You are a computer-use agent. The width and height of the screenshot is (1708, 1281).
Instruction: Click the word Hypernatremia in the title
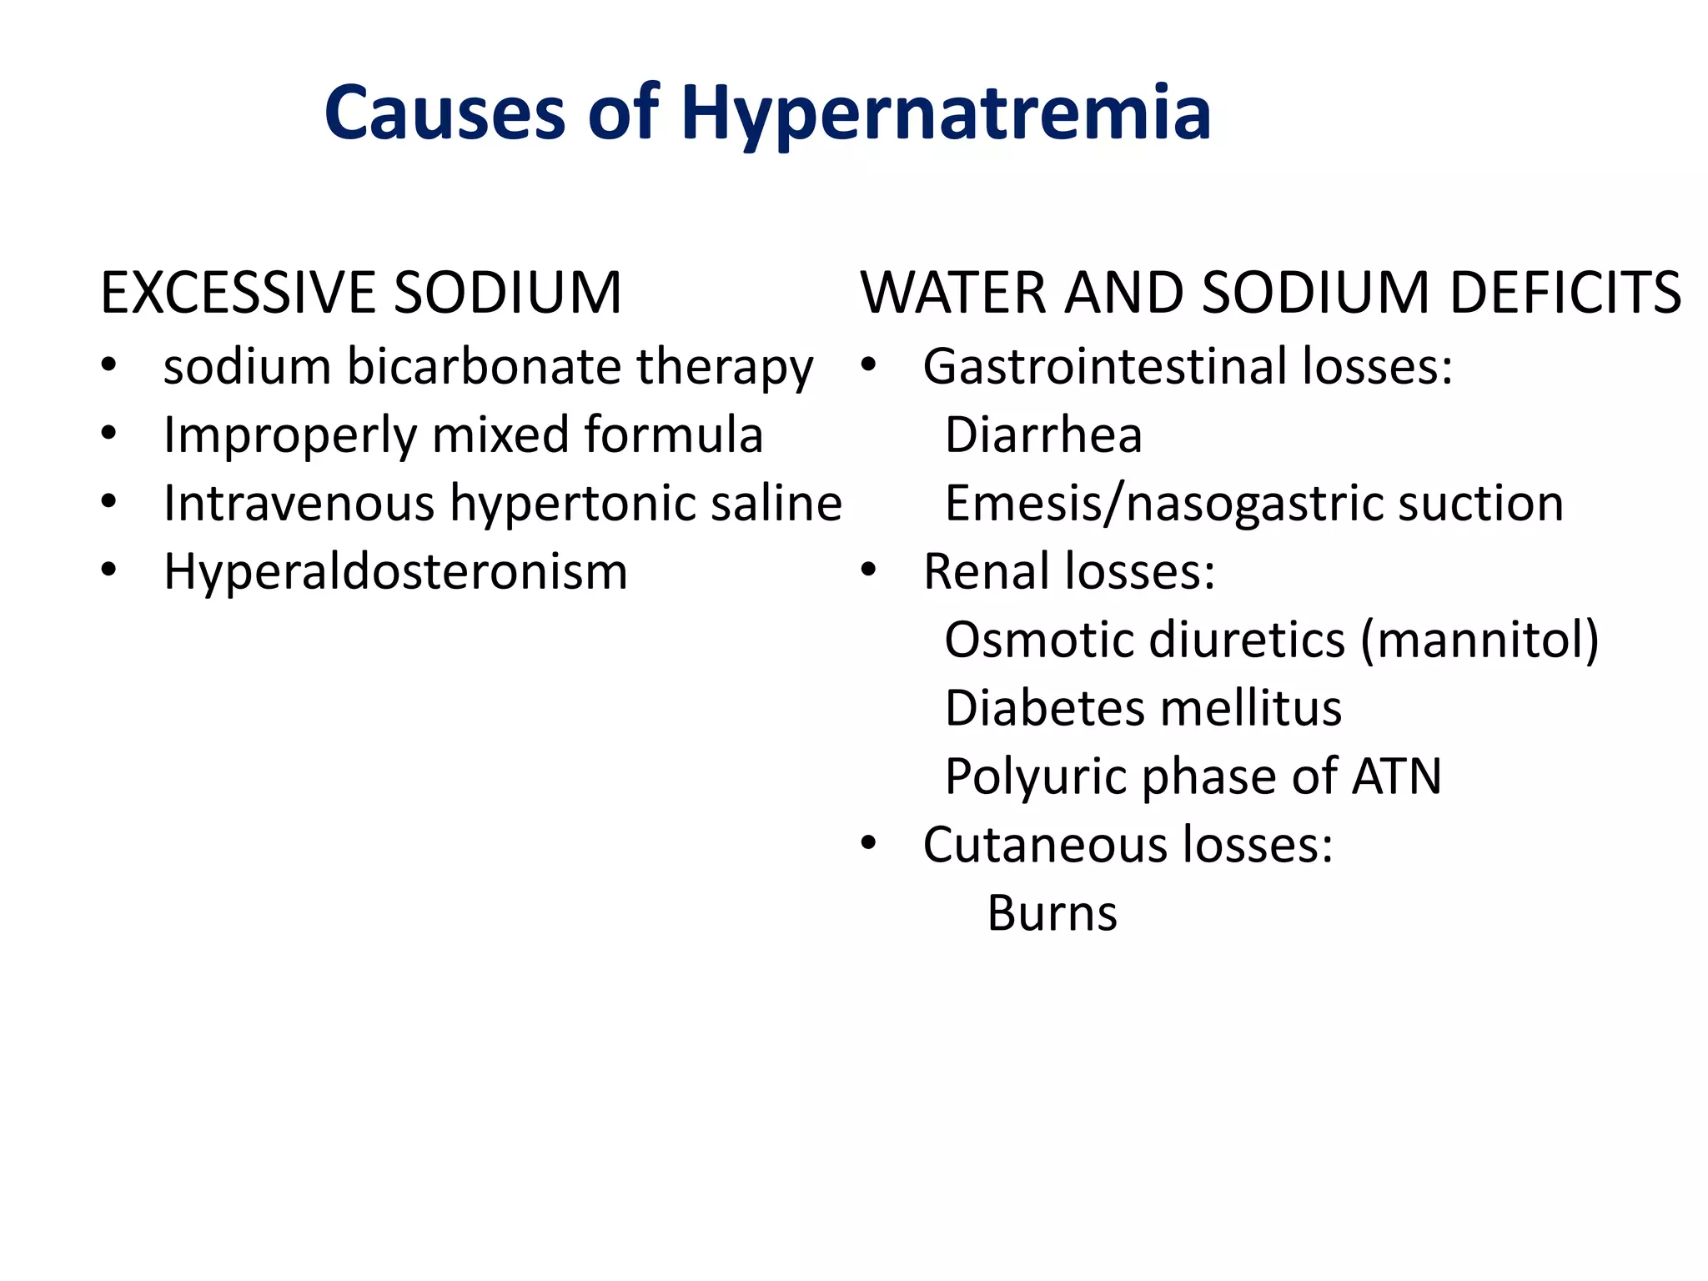946,113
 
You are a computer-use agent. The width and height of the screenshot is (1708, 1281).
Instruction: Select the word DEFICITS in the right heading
1565,294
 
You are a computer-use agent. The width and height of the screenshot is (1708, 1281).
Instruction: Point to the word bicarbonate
484,367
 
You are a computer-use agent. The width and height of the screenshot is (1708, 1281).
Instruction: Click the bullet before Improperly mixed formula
108,434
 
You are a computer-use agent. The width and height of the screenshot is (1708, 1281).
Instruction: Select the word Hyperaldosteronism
395,572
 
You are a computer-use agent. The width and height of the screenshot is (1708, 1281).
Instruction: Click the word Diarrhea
1042,435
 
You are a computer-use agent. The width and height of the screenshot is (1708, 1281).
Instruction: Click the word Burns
1052,914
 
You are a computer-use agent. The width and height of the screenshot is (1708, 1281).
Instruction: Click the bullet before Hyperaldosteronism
108,570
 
